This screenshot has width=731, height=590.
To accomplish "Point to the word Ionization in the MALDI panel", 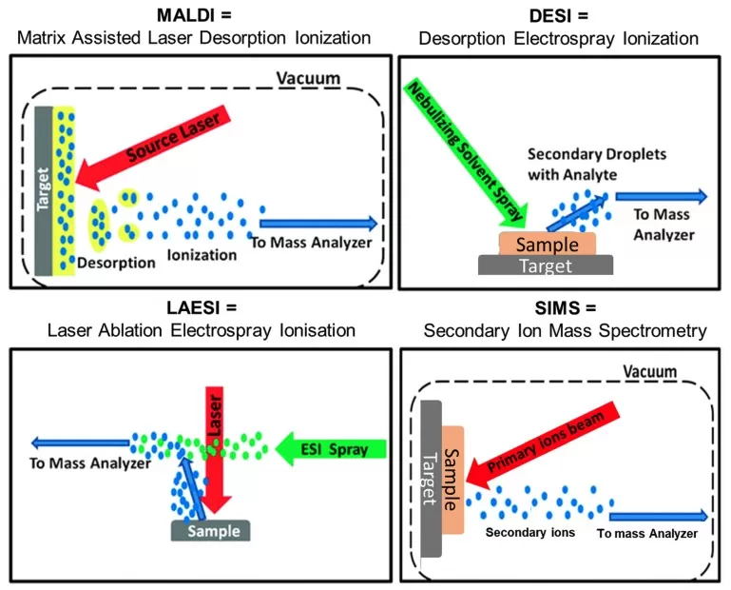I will (x=201, y=255).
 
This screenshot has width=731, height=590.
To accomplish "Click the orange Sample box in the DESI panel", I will (x=547, y=244).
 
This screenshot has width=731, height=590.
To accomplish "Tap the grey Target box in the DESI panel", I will (x=547, y=265).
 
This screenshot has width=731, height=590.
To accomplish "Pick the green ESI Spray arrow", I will (x=333, y=446).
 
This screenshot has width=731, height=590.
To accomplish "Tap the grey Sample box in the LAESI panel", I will (x=210, y=530).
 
